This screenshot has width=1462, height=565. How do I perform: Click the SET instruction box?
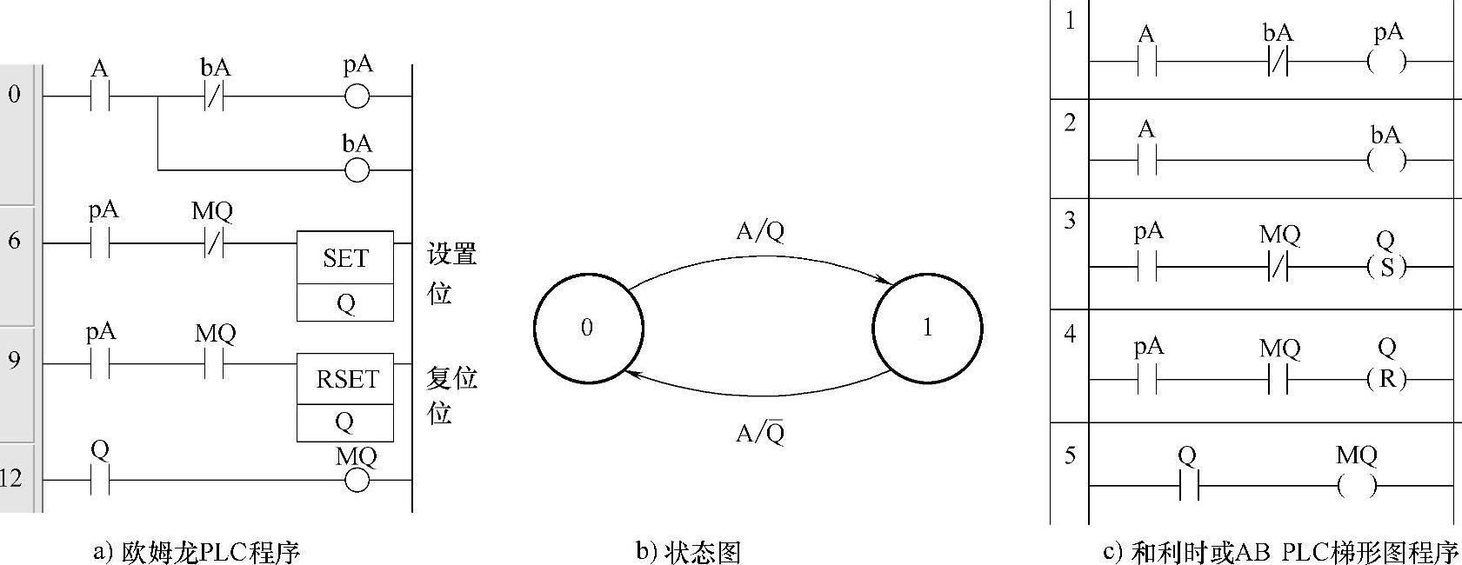[345, 276]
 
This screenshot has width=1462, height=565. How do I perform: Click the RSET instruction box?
[345, 397]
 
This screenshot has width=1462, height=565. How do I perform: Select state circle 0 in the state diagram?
[589, 327]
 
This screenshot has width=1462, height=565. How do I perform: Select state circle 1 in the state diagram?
[927, 327]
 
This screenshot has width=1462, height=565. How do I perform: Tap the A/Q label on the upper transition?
[760, 231]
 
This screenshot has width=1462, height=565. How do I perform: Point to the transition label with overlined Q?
[760, 432]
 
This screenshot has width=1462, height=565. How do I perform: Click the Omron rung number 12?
[12, 479]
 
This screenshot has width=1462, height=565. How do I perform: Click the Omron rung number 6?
[15, 241]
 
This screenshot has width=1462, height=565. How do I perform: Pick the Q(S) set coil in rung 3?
[1387, 267]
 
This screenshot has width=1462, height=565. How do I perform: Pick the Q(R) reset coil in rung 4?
[1387, 379]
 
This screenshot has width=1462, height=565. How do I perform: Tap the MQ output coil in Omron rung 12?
[357, 481]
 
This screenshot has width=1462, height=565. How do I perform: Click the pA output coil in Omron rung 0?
[357, 97]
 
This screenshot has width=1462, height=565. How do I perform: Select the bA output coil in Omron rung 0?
[357, 171]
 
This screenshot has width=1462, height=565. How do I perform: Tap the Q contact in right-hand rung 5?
[1189, 486]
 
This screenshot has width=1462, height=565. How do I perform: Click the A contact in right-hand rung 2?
[1147, 160]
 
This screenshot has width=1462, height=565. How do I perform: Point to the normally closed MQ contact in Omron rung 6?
[213, 243]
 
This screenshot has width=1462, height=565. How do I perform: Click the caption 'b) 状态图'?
[689, 553]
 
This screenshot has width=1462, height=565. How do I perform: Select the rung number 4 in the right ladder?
[1070, 334]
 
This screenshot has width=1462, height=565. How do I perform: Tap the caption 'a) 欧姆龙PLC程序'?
[197, 553]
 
